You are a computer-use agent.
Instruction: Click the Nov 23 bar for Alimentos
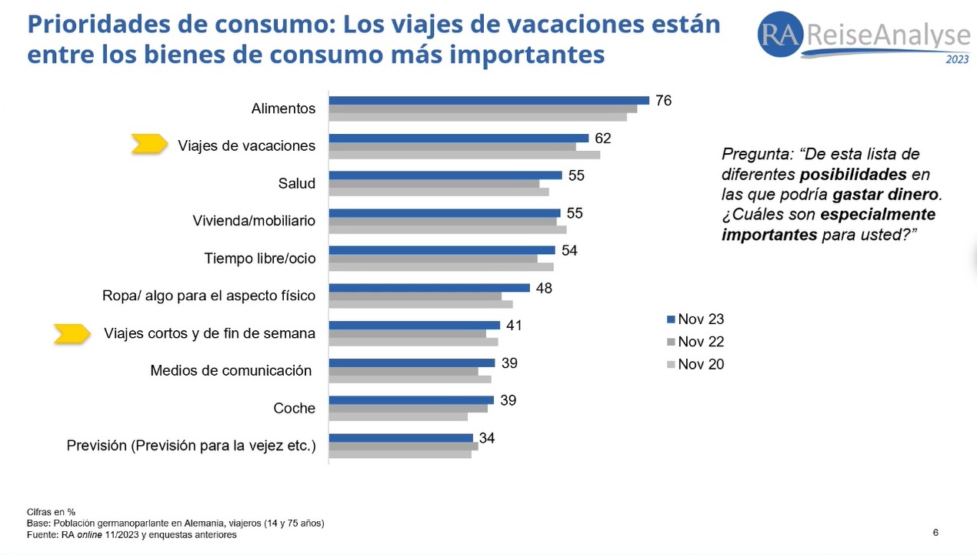(488, 100)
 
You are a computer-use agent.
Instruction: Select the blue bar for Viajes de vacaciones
(458, 138)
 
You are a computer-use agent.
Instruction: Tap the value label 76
(663, 101)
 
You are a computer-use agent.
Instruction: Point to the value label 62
(602, 139)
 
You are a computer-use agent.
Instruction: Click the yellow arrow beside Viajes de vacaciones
(149, 144)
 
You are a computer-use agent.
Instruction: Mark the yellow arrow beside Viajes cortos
(72, 333)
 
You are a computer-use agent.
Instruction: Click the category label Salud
(297, 183)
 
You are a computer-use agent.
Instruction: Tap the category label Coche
(295, 408)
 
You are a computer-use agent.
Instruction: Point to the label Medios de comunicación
(231, 370)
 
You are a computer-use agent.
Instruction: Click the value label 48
(544, 288)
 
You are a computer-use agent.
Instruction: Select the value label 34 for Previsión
(487, 438)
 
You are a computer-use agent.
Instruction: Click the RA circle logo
(780, 34)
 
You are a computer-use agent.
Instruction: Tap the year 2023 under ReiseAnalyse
(957, 60)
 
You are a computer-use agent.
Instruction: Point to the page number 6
(935, 533)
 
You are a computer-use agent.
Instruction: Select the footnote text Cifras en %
(51, 512)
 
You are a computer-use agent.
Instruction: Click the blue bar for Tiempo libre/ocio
(442, 250)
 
